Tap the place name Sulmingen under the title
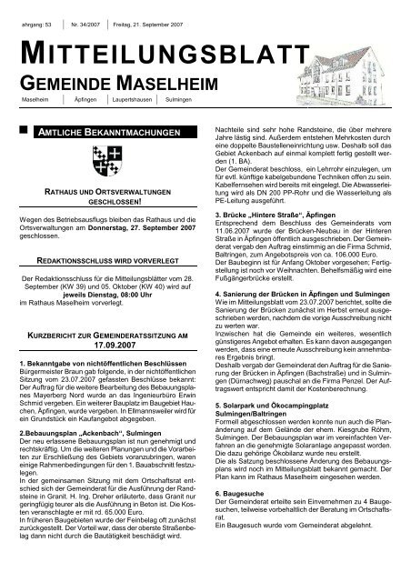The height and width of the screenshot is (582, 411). click(179, 99)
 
